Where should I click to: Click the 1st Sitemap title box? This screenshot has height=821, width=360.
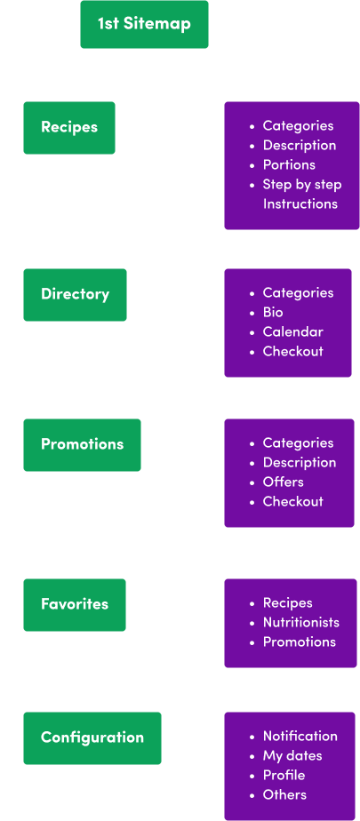pos(144,24)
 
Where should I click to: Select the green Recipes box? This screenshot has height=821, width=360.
pos(69,128)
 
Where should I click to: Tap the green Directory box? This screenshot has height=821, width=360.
pos(75,295)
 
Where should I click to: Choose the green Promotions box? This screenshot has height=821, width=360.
pos(83,445)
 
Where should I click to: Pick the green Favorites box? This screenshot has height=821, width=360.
pos(75,605)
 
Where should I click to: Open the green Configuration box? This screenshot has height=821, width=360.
pos(92,738)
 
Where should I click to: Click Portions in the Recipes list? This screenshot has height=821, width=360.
pos(289,165)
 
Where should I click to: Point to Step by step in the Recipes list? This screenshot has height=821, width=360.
pos(302,185)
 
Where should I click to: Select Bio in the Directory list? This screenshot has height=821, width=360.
pos(273,313)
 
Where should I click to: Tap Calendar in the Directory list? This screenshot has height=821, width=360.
pos(293,332)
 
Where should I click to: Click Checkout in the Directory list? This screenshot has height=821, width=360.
pos(293,351)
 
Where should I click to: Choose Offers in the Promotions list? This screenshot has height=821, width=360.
pos(283,482)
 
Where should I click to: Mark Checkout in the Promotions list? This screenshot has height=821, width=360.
pos(293,502)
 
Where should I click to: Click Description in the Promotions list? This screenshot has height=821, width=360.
pos(300,463)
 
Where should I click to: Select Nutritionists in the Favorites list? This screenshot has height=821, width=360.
pos(300,623)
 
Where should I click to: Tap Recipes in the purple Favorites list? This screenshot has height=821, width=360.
pos(288,603)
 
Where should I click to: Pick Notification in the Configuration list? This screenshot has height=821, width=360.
pos(300,737)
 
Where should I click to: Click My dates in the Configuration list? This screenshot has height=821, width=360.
pos(292,756)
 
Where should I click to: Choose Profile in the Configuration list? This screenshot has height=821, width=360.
pos(284,776)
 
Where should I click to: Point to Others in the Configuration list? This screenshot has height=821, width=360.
pos(284,795)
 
